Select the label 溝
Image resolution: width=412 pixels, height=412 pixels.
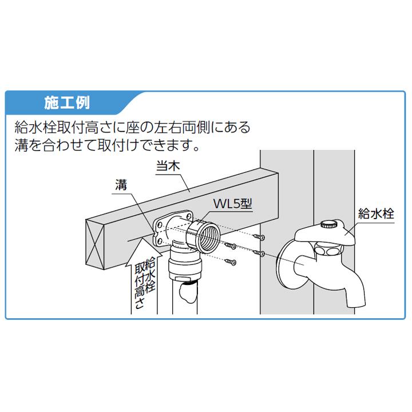tap(120, 185)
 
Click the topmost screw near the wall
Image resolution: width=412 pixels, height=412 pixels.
tap(260, 236)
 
